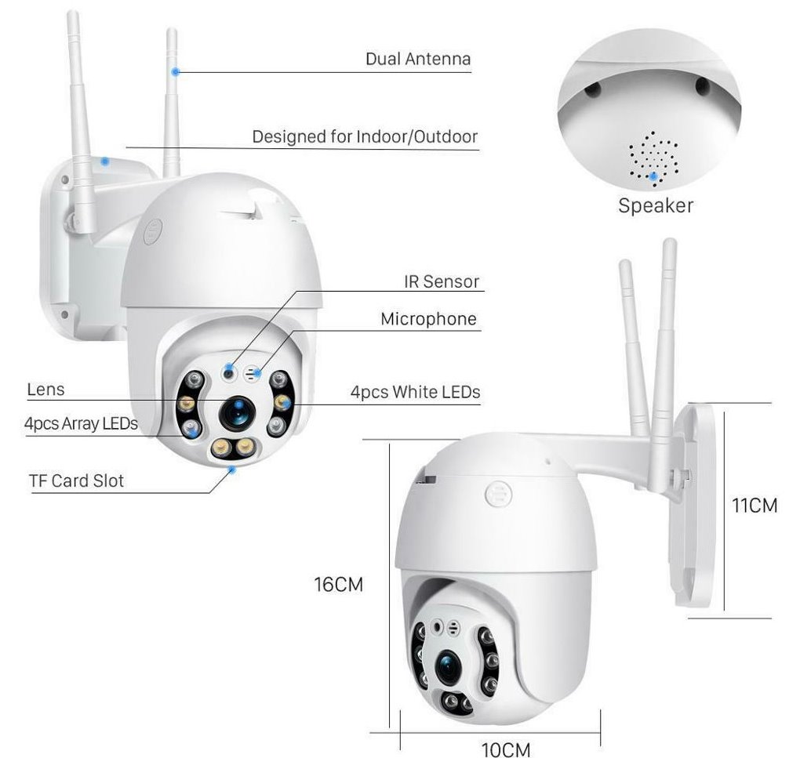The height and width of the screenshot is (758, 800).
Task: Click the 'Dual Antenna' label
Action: click(x=418, y=59)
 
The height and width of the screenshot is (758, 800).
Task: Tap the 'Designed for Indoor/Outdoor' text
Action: click(x=365, y=136)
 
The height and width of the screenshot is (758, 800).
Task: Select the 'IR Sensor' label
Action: click(x=442, y=281)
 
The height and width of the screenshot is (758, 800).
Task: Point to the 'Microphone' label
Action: click(x=428, y=319)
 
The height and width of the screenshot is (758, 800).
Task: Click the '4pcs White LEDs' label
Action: click(x=416, y=392)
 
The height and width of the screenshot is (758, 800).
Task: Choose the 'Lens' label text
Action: click(x=46, y=390)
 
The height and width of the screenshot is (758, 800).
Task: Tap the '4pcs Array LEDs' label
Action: click(x=81, y=423)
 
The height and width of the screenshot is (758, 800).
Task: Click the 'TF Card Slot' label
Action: click(x=77, y=481)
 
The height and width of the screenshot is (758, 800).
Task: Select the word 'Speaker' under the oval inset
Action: click(x=656, y=205)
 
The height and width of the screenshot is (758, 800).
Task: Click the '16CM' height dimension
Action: click(x=338, y=584)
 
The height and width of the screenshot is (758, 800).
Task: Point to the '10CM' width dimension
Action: click(x=506, y=749)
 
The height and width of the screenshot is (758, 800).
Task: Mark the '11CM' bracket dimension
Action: click(x=755, y=505)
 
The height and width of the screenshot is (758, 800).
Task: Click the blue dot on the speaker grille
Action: click(x=653, y=176)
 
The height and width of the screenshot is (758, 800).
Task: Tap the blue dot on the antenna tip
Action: click(x=176, y=72)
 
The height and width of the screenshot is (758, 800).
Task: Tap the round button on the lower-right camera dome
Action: click(x=498, y=493)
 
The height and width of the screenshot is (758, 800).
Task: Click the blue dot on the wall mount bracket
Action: click(x=105, y=161)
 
